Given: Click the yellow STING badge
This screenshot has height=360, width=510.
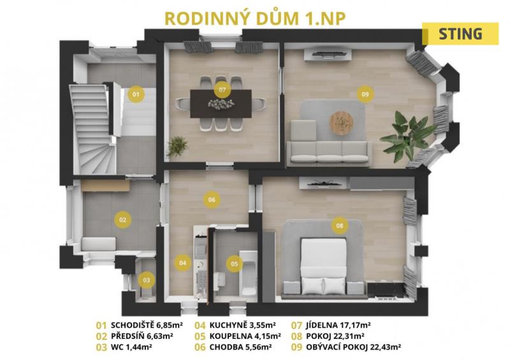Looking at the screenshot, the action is pos(460,34).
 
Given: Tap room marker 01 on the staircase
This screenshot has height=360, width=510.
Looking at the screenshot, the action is pos(136,94).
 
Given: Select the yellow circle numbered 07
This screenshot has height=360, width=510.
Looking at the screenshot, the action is pos(222,89).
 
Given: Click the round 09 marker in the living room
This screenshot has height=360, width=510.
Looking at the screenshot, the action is pos(365,94).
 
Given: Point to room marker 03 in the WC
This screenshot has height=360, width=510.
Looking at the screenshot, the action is pos(147,280).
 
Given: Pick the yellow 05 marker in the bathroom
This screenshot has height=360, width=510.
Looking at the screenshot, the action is pos(235,264).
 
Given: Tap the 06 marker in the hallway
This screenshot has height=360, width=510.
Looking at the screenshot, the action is pos(212,199).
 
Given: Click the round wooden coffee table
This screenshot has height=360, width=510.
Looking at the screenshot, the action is pos(342,122).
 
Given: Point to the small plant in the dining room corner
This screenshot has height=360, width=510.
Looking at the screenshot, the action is pos(177,147).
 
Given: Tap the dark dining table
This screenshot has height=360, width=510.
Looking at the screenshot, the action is pos(221,104).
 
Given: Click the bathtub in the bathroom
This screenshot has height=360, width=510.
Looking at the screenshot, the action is pos(248,273).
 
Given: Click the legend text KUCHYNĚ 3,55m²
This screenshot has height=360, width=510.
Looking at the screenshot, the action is pos(243,325).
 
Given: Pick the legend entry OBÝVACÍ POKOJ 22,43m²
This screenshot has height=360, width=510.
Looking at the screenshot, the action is pos(353,347).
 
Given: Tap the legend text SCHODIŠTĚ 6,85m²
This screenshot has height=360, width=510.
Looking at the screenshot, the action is pos(147,325).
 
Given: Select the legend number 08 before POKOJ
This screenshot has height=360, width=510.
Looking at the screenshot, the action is pos(296,336).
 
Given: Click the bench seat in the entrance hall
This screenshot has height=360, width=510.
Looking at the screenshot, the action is pos(98,244).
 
